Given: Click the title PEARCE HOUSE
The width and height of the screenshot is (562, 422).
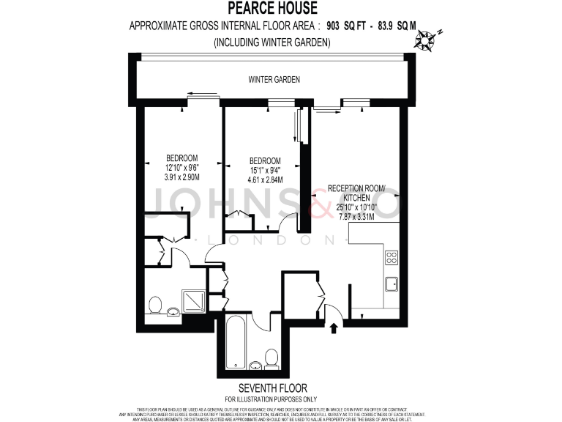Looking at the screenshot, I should point(273,9).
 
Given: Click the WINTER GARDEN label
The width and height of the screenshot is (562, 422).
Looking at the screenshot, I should point(274,79).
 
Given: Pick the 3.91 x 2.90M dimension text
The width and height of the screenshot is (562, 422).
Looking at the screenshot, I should point(181,177).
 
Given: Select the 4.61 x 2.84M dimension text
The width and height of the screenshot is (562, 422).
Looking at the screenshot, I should point(265,179).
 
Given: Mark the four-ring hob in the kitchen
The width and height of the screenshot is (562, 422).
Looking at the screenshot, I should point(391,257).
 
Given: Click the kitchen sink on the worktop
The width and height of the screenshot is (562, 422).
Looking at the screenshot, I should point(391,282).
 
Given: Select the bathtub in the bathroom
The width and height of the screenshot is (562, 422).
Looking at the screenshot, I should point(236,342).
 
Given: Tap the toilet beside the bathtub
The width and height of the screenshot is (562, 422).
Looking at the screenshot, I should point(271,359).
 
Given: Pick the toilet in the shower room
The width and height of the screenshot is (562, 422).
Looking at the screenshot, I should point(156,305).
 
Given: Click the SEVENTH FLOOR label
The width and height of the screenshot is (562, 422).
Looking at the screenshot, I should point(273,388).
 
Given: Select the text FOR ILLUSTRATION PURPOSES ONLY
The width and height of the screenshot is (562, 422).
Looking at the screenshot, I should point(273,399).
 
